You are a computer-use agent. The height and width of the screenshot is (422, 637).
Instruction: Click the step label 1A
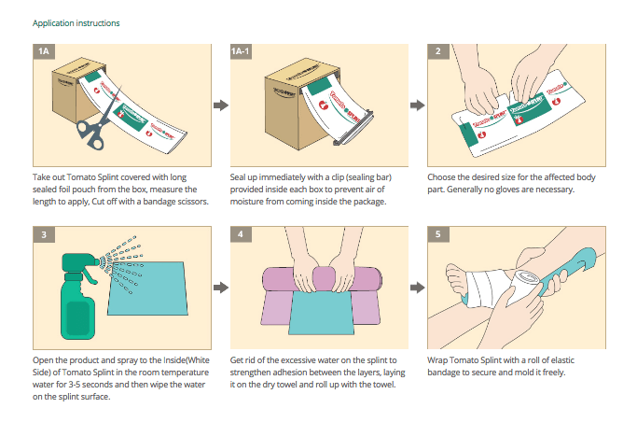[x=43, y=51]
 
